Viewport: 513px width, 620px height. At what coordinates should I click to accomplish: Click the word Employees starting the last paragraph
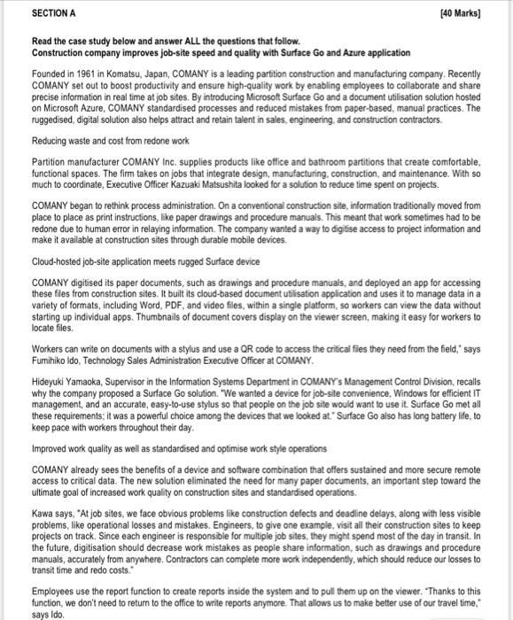54,580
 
